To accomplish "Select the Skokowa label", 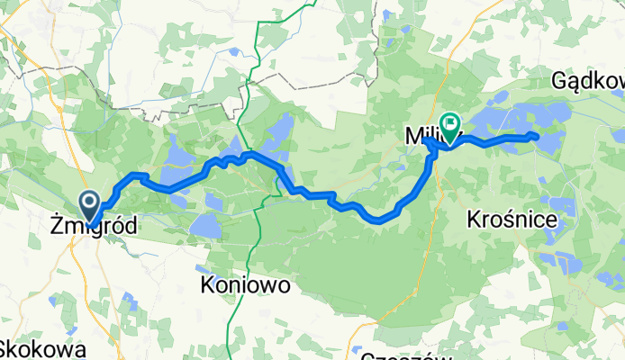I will coord(43,349).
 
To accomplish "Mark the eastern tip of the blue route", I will coord(537,136).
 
